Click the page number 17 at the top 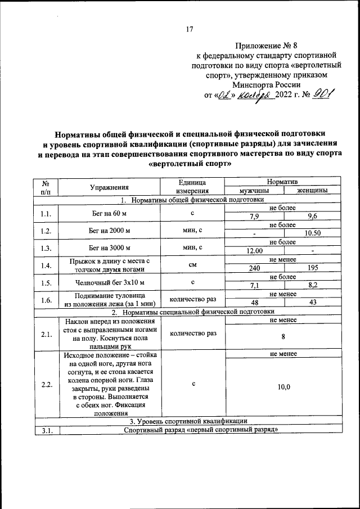pyautogui.click(x=190, y=30)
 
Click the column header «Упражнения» pyautogui.click(x=109, y=187)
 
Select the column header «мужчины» pyautogui.click(x=254, y=191)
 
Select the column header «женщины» pyautogui.click(x=313, y=191)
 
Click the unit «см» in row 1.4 pyautogui.click(x=192, y=264)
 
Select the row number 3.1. pyautogui.click(x=46, y=431)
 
